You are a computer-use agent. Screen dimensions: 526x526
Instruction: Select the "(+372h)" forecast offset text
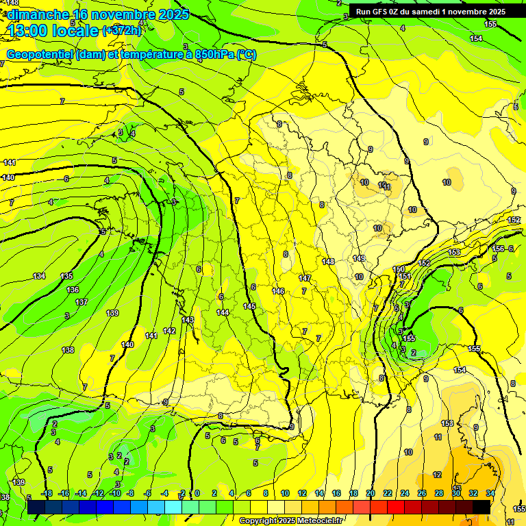[x=122, y=31]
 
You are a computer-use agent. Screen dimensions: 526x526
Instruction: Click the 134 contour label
[x=39, y=276]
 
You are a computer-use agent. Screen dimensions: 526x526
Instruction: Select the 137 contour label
[x=82, y=301]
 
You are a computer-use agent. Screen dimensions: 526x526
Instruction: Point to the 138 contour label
[x=68, y=350]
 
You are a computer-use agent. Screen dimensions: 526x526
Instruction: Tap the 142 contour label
[x=170, y=330]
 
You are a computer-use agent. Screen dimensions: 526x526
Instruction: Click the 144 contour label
[x=223, y=312]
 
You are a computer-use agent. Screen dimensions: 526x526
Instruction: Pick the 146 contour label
[x=278, y=291]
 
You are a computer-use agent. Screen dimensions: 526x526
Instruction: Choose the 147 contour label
[x=305, y=278]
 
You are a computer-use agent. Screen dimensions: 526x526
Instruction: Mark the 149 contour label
[x=359, y=258]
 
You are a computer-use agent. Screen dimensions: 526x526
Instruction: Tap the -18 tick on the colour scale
[x=47, y=493]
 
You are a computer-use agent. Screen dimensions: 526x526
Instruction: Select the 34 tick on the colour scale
[x=490, y=493]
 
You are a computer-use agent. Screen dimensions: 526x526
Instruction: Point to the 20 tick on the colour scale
[x=371, y=493]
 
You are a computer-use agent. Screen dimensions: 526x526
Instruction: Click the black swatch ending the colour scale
[x=481, y=507]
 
